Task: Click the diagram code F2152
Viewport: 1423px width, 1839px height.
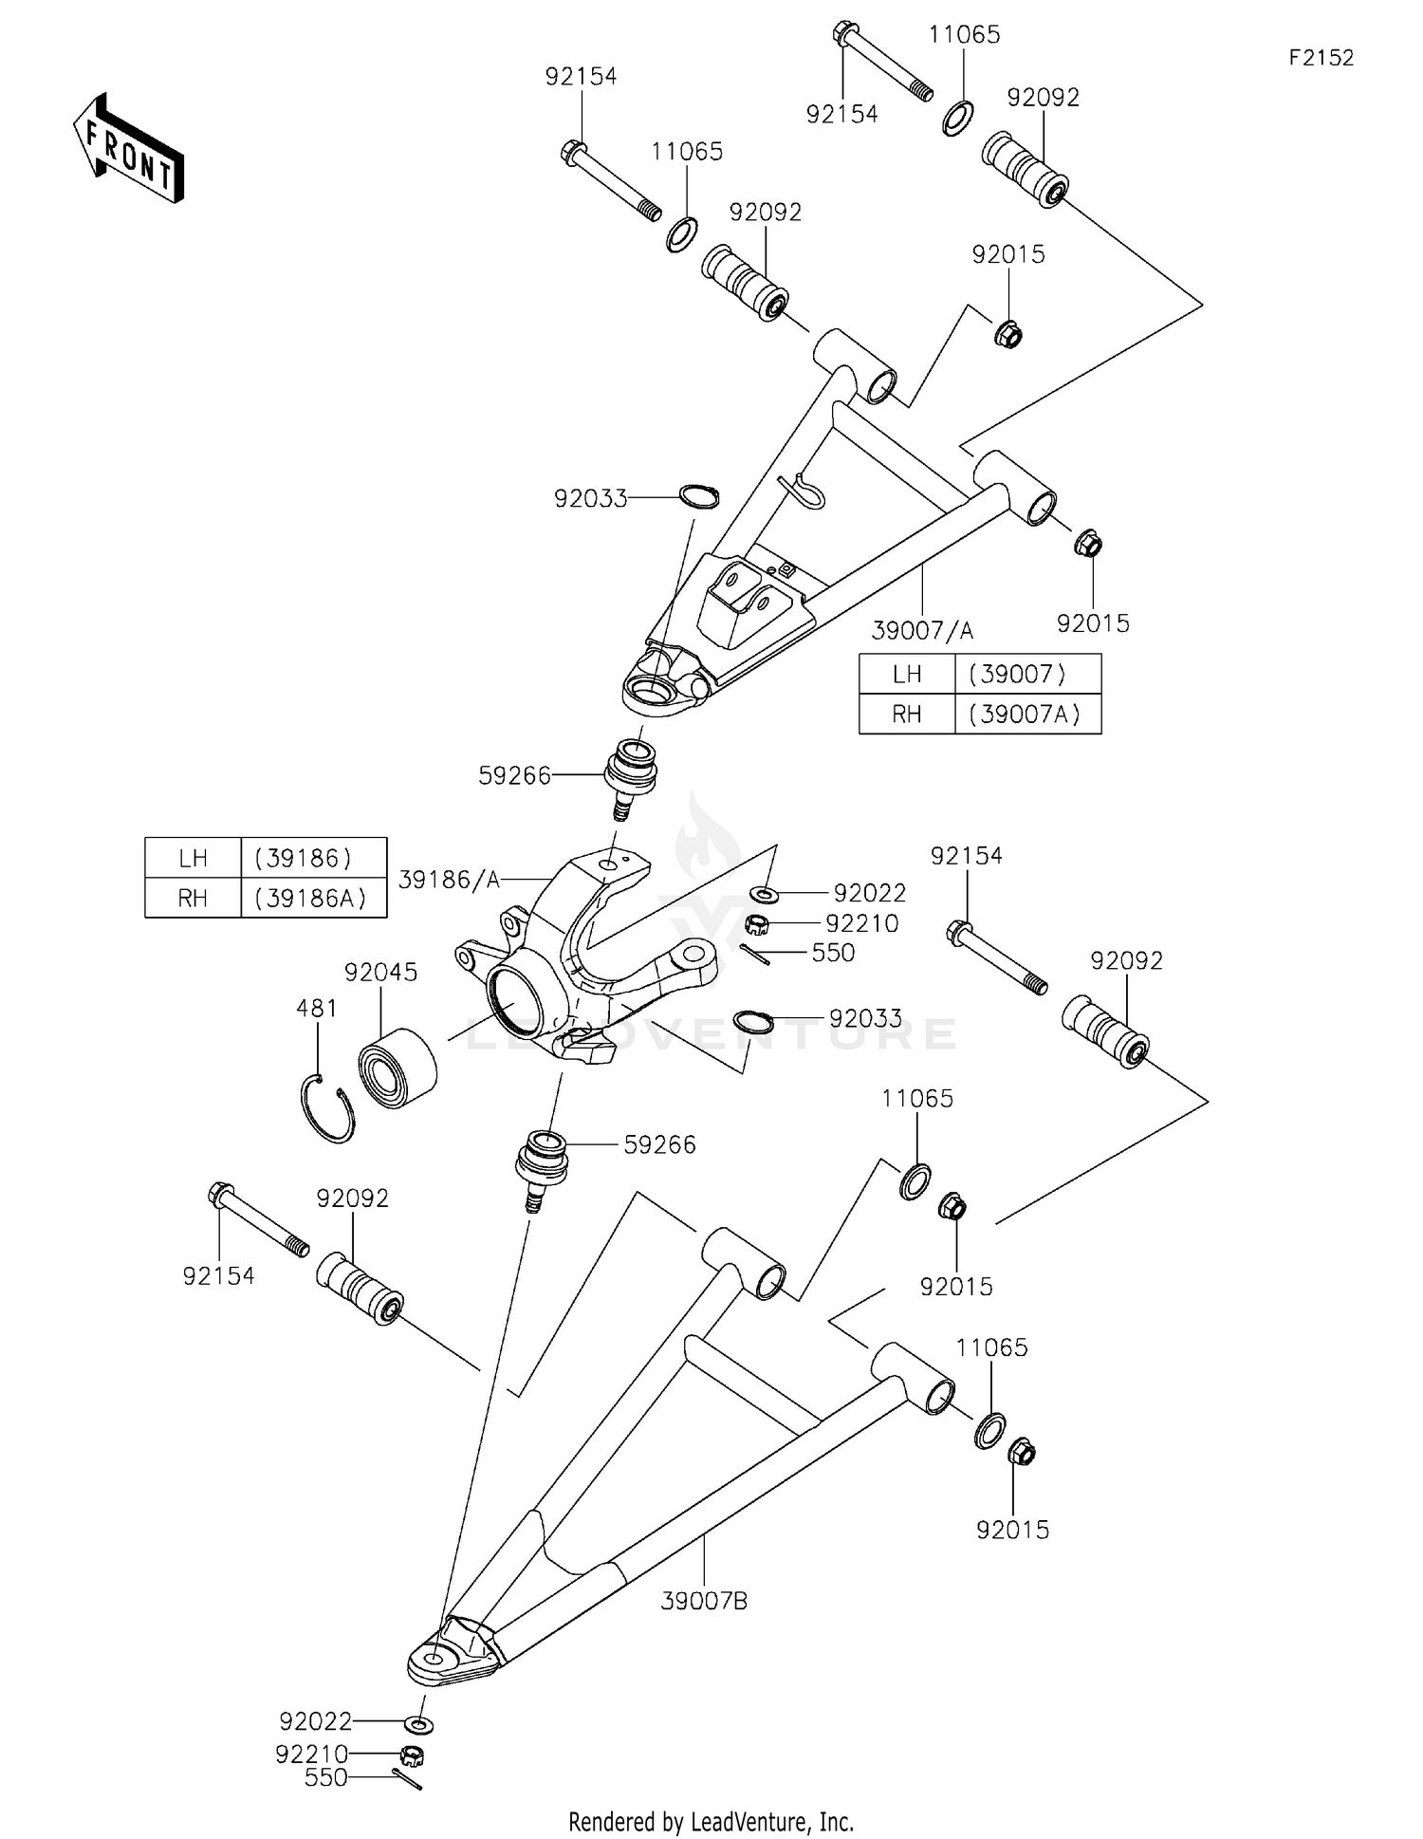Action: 1321,58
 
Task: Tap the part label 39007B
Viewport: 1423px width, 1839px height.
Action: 704,1601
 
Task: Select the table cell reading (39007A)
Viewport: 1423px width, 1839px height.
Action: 1026,715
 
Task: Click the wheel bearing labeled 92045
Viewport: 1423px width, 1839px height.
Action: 397,1068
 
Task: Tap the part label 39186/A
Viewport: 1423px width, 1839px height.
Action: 449,880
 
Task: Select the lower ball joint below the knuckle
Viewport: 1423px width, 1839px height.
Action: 542,1166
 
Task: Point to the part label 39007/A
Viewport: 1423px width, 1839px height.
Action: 922,630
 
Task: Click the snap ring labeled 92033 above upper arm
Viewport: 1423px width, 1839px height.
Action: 700,495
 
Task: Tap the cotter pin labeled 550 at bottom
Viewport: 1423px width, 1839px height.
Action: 407,1781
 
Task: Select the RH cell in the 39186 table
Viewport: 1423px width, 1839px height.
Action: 193,898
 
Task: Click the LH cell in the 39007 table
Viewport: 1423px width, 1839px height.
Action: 907,675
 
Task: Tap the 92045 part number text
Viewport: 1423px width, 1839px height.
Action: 380,973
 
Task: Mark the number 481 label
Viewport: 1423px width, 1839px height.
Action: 317,1008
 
